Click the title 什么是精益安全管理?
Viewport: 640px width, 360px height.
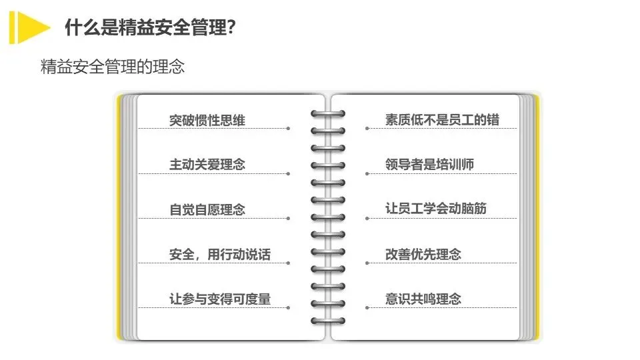[150, 28]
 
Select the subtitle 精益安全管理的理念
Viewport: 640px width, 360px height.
[112, 67]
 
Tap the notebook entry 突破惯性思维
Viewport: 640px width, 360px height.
[207, 120]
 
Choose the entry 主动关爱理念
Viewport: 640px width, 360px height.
[207, 164]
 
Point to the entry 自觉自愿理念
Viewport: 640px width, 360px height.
[207, 209]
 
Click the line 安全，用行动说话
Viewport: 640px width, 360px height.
[220, 254]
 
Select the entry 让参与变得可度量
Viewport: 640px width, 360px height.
[220, 299]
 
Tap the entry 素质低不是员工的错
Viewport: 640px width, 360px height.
[442, 120]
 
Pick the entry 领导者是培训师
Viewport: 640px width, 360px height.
[429, 164]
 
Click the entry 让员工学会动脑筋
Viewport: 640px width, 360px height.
[436, 209]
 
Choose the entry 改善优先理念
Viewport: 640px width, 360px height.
[423, 254]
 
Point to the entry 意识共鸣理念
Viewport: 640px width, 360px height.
[423, 299]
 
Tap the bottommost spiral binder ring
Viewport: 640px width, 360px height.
[328, 321]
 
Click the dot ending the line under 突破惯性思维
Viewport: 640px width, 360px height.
[288, 129]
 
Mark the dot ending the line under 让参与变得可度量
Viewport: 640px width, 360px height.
[288, 307]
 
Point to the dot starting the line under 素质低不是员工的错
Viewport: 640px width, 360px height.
[367, 129]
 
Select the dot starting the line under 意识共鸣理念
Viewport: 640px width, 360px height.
[367, 307]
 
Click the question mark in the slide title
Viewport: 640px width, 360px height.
[231, 28]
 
